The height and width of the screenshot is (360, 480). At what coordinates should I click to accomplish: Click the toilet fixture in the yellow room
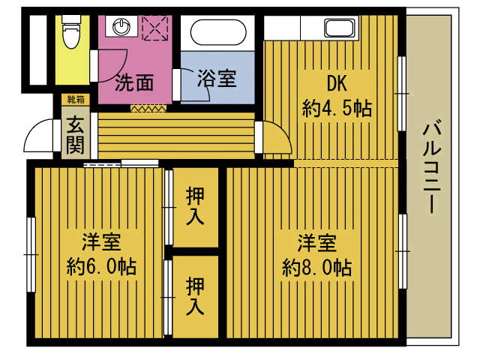[x=71, y=31]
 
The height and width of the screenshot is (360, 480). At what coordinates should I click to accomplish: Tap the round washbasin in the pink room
[x=121, y=27]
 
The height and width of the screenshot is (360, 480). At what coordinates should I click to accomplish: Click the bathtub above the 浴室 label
[x=218, y=32]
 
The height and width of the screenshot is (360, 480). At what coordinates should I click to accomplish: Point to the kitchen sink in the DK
[x=340, y=28]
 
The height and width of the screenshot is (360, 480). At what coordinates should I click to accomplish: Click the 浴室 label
[x=217, y=78]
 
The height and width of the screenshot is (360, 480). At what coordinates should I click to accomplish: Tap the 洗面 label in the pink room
[x=134, y=82]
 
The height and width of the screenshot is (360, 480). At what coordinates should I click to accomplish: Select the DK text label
[x=337, y=83]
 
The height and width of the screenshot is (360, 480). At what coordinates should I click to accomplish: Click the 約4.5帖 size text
[x=337, y=108]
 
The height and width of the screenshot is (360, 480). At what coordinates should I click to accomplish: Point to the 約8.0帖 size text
[x=316, y=268]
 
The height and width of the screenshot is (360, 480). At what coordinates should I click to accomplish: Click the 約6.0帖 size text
[x=101, y=267]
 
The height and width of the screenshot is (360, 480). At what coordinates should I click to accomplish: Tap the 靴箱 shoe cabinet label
[x=76, y=100]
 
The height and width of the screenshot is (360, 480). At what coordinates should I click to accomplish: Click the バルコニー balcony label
[x=431, y=168]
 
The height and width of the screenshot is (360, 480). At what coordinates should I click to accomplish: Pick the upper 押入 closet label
[x=195, y=206]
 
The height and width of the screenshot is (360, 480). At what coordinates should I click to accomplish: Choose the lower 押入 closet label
[x=195, y=296]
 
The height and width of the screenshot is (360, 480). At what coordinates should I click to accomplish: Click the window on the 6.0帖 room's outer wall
[x=31, y=254]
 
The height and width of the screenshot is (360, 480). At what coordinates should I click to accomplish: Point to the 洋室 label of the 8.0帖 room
[x=316, y=243]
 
